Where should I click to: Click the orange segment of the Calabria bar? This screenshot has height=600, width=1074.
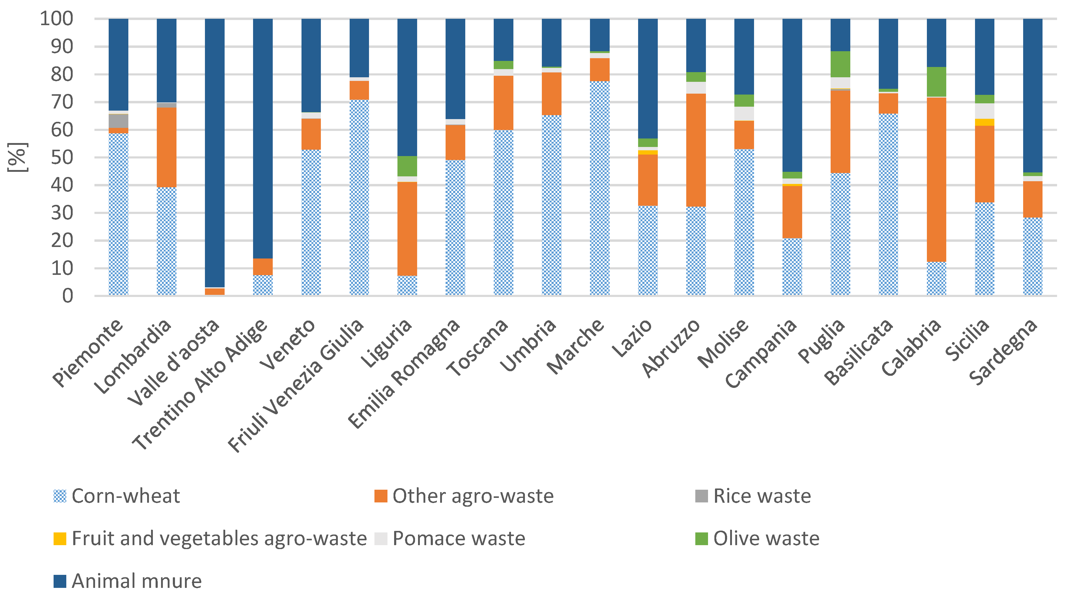[936, 179]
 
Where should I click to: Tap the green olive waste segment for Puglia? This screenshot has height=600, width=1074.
[840, 64]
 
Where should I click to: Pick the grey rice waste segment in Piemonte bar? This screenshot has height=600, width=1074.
[118, 121]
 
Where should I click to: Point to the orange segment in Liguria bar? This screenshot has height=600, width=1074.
[407, 229]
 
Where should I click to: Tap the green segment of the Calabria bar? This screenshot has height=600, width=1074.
[936, 82]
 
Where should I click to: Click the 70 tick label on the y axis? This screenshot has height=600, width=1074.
[62, 102]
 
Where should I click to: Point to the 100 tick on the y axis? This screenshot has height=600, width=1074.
[57, 19]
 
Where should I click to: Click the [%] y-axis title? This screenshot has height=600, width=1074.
[18, 157]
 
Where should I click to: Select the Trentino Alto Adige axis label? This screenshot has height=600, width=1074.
[200, 384]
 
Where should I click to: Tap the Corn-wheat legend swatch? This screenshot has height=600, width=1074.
[60, 496]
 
